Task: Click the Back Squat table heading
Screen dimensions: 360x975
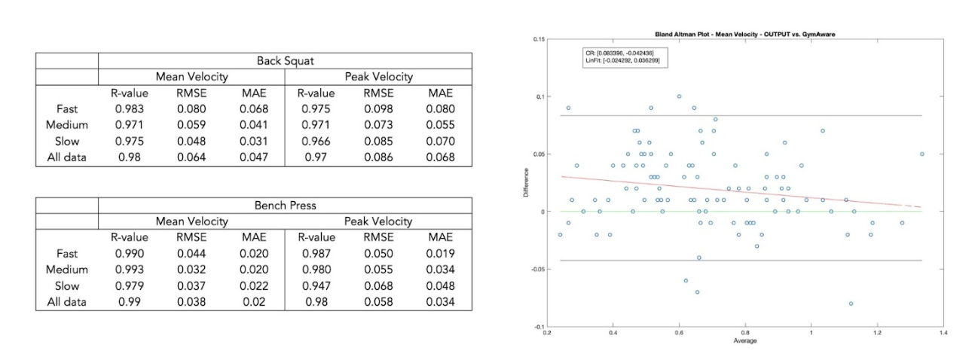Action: (285, 60)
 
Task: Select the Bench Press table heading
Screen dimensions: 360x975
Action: (285, 206)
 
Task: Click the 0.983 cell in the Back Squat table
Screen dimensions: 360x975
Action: (129, 109)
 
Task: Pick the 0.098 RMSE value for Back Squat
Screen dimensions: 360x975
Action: (379, 109)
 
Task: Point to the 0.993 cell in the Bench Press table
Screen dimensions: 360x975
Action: (129, 270)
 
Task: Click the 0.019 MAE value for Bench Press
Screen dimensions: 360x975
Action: (440, 254)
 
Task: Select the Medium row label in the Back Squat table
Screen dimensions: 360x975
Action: (67, 125)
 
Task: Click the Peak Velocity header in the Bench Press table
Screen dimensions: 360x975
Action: (378, 221)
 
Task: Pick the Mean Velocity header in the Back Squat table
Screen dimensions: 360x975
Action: (191, 77)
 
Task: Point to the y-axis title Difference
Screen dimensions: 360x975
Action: (526, 183)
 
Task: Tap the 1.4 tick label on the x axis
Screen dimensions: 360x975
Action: (943, 332)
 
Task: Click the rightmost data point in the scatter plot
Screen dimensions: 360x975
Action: (922, 154)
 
